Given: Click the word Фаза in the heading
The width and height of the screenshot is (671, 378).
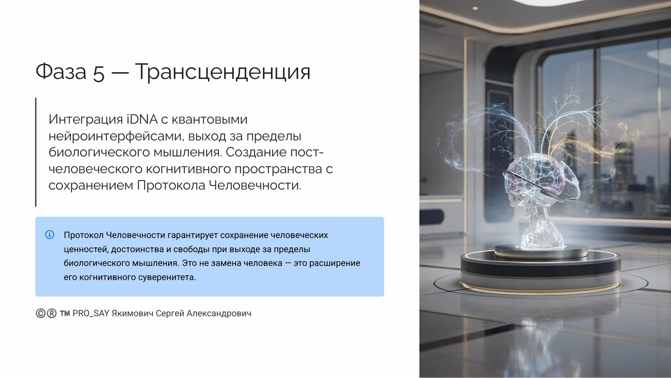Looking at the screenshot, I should (x=61, y=72).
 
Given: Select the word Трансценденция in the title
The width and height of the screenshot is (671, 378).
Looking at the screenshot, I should (x=223, y=72).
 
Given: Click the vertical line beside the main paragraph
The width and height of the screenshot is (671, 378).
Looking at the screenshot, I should (x=36, y=152).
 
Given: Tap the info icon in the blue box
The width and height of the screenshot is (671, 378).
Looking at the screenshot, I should (x=49, y=235).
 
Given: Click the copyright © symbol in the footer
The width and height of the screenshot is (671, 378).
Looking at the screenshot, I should (x=40, y=313).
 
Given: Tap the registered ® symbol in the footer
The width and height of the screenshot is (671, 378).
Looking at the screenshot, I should (x=52, y=313).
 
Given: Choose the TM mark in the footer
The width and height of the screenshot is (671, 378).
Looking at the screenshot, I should (x=65, y=313).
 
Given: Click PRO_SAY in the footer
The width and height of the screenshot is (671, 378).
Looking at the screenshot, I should (x=91, y=313).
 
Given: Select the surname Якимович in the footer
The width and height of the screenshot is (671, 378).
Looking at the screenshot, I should (x=132, y=313).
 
